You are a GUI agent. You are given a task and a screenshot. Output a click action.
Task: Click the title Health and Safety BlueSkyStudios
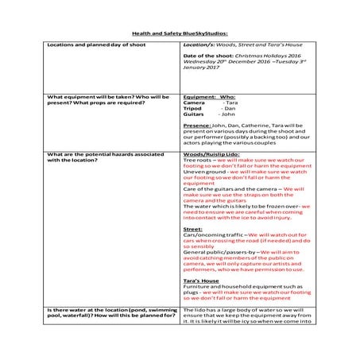[179, 34]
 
